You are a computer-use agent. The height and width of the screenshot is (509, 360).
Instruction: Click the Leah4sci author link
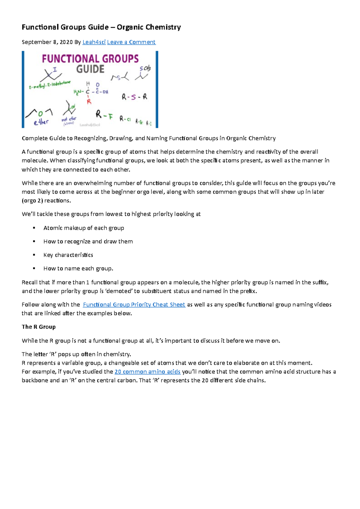(x=94, y=42)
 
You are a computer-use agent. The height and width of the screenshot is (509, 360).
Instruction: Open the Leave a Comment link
(x=131, y=42)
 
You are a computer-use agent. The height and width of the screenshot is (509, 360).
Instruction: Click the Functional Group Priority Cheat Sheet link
(x=134, y=305)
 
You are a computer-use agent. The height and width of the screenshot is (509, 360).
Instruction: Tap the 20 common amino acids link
(x=147, y=372)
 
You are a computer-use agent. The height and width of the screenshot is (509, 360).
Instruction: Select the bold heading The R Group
(x=39, y=327)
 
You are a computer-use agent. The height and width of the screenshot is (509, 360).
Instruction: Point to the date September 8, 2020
(x=47, y=42)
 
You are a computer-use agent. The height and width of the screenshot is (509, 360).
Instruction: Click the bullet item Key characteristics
(x=68, y=255)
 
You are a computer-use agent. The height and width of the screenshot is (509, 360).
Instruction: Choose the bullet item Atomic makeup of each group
(x=84, y=228)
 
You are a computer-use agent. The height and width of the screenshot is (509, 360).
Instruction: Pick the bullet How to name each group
(x=78, y=268)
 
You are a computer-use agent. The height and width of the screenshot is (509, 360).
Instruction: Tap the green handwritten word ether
(x=41, y=122)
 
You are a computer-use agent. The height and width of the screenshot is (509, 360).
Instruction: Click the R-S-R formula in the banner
(x=134, y=97)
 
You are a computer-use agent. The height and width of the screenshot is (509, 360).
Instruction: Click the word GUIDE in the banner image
(x=90, y=69)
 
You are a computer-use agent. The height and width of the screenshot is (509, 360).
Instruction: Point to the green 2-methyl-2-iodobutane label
(x=49, y=85)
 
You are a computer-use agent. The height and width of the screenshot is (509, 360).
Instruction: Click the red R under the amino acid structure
(x=89, y=102)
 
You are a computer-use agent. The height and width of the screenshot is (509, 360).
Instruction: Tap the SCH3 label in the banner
(x=145, y=69)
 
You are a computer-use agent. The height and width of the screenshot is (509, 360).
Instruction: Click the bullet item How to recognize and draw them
(x=88, y=241)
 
